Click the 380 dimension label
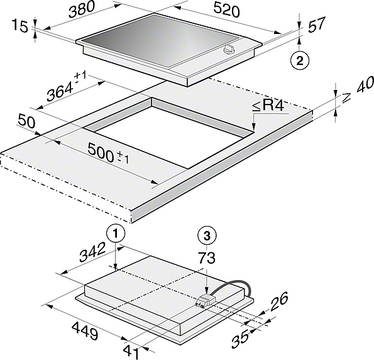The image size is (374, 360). [x=82, y=9]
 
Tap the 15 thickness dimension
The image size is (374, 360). [x=19, y=26]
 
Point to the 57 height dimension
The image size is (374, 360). [x=317, y=24]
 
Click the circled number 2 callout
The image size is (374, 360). [x=300, y=60]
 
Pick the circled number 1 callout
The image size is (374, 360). [x=116, y=233]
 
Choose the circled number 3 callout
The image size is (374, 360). [x=207, y=236]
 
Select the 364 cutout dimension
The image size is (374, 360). [x=66, y=87]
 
